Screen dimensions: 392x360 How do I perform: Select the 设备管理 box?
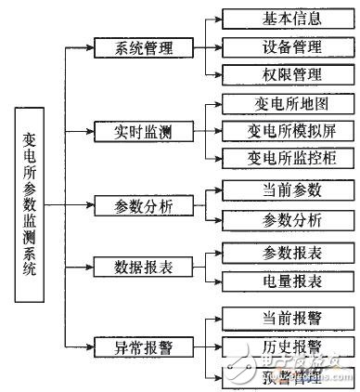tap(277, 46)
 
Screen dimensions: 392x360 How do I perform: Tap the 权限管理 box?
tap(277, 73)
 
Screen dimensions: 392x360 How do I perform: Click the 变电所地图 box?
tap(277, 104)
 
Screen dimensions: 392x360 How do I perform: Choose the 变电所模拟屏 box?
tap(277, 131)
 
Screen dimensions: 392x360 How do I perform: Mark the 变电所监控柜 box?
tap(277, 157)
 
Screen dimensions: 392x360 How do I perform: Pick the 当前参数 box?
tap(277, 189)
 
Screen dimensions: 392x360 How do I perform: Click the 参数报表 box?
tap(277, 252)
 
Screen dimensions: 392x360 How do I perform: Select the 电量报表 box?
tap(277, 281)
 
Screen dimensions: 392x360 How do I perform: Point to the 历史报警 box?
tap(277, 347)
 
